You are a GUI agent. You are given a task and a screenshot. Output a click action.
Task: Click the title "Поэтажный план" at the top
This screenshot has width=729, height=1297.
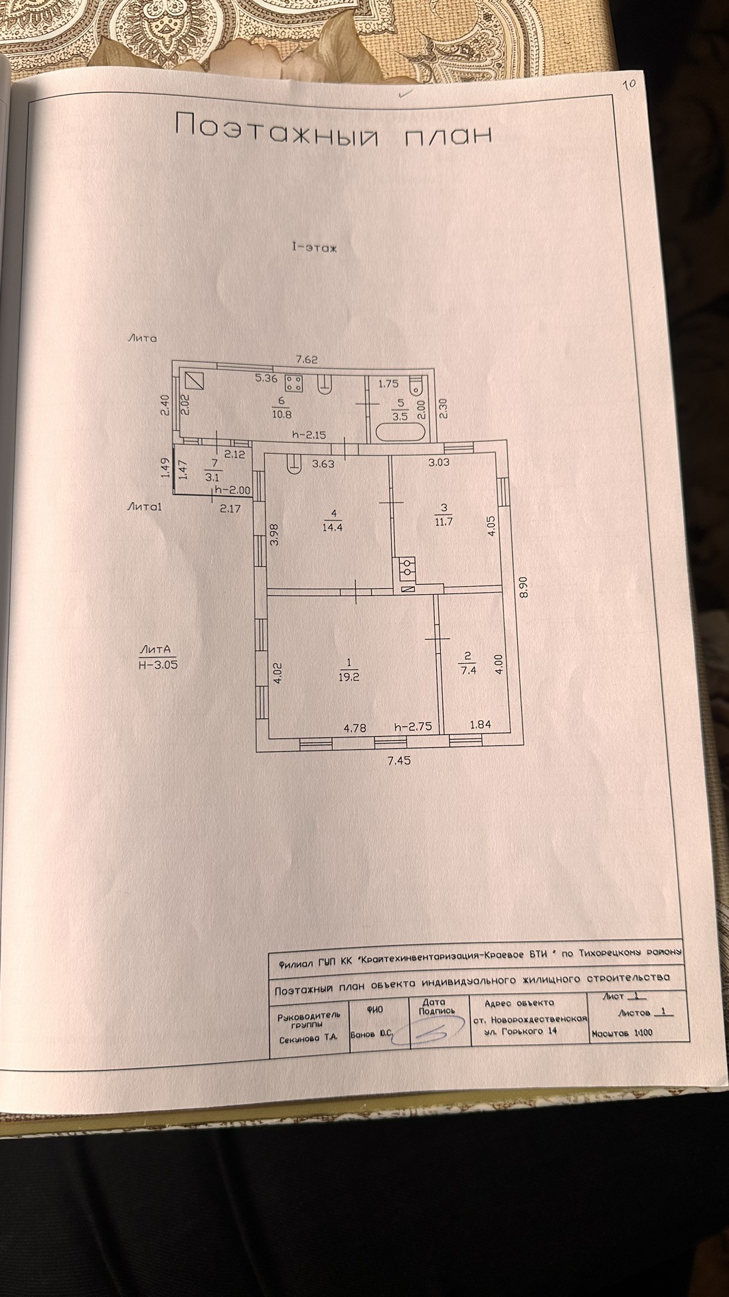click(334, 129)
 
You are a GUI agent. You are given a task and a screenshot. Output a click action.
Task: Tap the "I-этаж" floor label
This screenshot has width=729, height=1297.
click(315, 248)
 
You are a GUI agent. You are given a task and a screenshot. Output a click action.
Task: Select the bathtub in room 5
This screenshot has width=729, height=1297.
click(401, 432)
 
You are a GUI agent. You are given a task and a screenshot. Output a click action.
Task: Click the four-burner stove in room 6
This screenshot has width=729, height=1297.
click(293, 382)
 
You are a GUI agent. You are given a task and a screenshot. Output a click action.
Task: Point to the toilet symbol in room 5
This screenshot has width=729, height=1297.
click(417, 386)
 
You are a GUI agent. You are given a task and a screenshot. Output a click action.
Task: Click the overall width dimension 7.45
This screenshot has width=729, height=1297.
click(400, 761)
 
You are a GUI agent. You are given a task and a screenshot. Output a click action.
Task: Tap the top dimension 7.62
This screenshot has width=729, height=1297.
click(307, 360)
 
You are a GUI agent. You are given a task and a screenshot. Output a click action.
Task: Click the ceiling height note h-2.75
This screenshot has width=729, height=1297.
click(413, 726)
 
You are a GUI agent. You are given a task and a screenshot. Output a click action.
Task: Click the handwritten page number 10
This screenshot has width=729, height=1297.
click(630, 84)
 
